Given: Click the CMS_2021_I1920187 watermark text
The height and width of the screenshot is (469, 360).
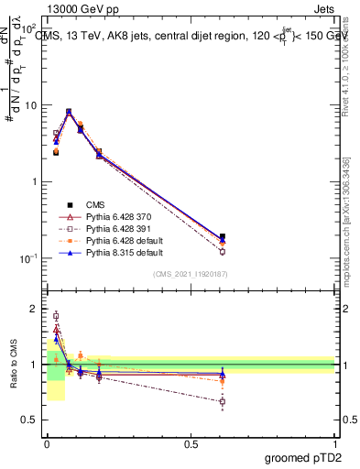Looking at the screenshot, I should (x=190, y=274).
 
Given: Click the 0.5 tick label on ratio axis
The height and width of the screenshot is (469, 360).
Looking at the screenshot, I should (x=29, y=420).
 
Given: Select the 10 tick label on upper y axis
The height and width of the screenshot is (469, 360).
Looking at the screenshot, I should (x=29, y=105).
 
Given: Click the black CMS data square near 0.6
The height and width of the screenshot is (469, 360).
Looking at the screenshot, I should (x=223, y=236).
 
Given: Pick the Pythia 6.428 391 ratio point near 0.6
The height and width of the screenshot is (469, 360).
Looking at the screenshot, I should (x=223, y=401).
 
